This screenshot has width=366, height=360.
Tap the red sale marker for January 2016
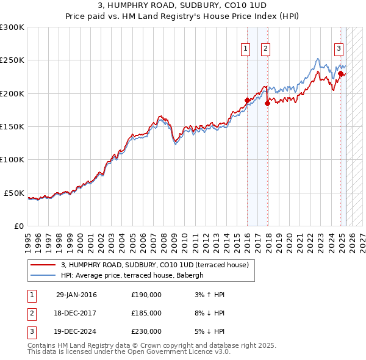(247, 100)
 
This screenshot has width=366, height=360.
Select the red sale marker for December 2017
(267, 103)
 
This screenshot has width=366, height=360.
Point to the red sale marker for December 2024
(340, 73)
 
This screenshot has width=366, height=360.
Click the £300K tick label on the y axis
(12, 27)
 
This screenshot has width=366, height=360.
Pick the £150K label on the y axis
(12, 127)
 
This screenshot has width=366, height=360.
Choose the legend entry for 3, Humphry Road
(154, 265)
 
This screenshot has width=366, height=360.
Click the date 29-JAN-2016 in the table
(76, 295)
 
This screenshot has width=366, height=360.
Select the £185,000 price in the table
(146, 313)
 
